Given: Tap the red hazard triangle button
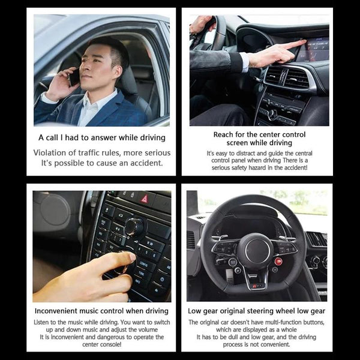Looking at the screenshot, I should [x=144, y=198].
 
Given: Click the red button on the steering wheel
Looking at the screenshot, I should [x=278, y=261].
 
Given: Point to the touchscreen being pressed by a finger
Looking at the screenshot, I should [x=313, y=49].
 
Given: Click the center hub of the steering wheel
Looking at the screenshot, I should [x=255, y=250].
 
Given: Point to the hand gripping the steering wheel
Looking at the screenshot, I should [x=201, y=25].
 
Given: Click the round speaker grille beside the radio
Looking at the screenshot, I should [x=55, y=210].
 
